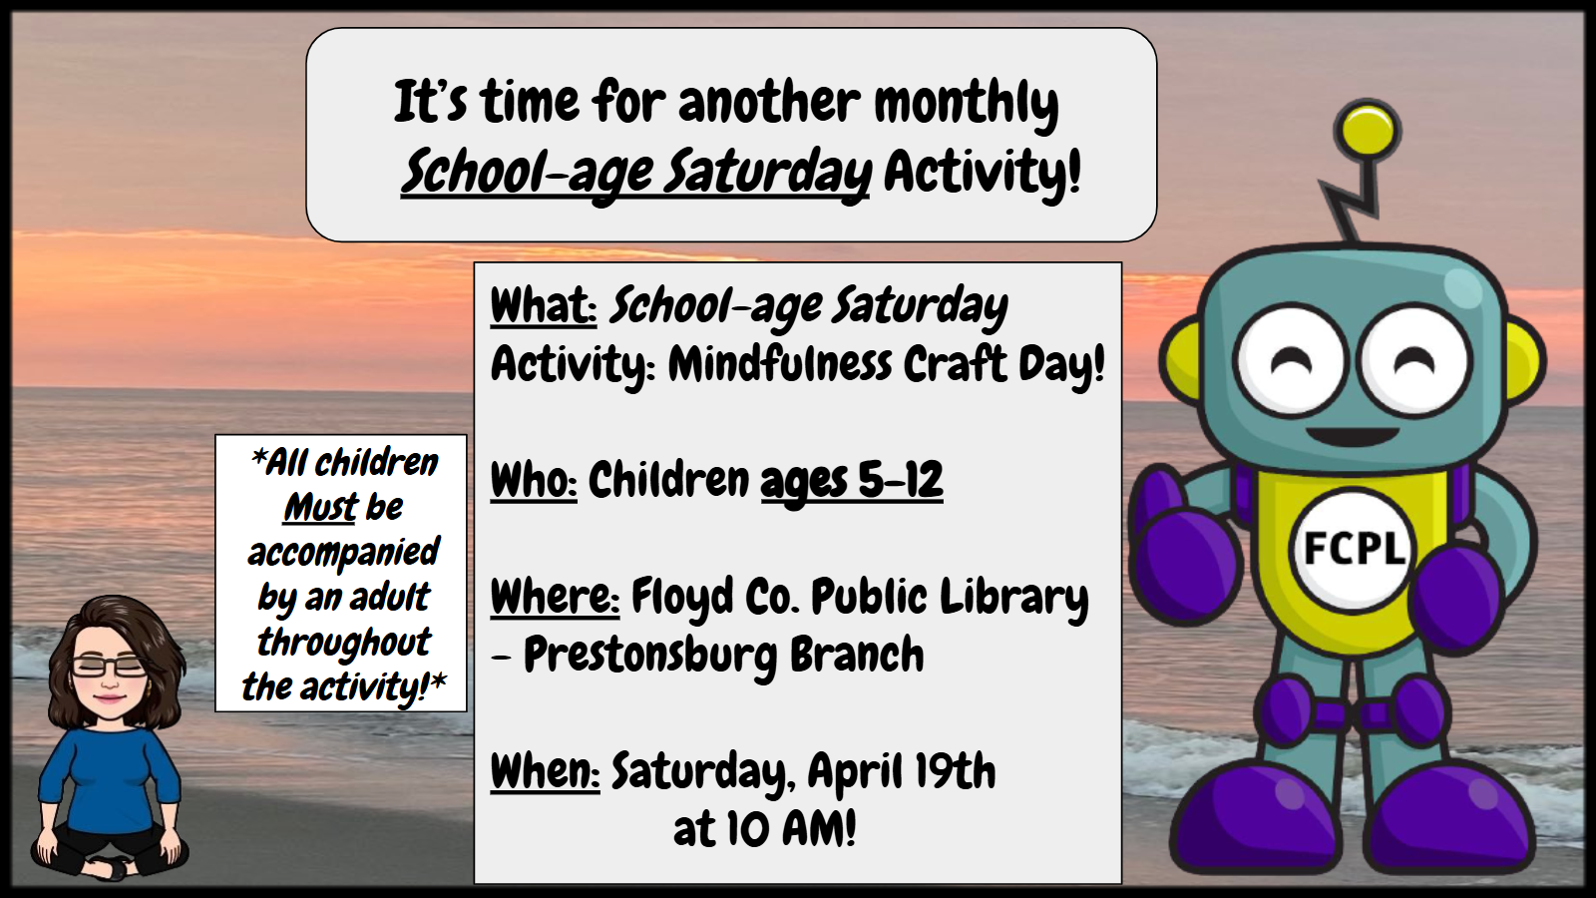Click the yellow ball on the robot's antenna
click(x=1367, y=132)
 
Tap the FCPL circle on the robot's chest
click(x=1353, y=550)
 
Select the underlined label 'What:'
click(x=544, y=305)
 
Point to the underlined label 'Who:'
click(x=534, y=480)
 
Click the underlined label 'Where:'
click(x=555, y=597)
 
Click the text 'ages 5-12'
click(x=852, y=481)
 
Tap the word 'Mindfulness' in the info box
click(x=780, y=364)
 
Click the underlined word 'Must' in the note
click(x=320, y=508)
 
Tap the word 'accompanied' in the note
click(x=343, y=553)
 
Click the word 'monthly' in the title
click(x=967, y=104)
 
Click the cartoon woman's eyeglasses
click(x=110, y=667)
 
